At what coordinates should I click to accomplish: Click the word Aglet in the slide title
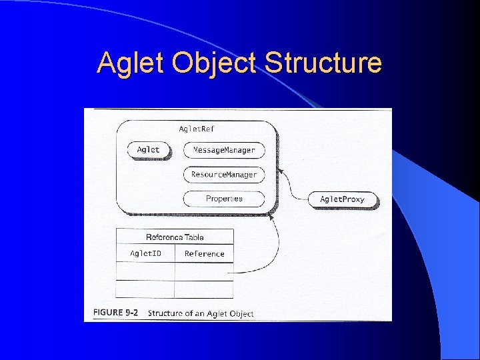pos(131,63)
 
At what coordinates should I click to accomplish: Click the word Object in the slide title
pos(213,63)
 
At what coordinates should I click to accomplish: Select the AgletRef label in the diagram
pos(197,128)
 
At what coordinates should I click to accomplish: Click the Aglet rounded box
pos(149,150)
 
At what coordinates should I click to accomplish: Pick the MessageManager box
pos(224,151)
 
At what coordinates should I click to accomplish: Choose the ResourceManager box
pos(224,175)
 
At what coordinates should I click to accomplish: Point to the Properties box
pos(224,199)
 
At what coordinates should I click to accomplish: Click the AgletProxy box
pos(343,199)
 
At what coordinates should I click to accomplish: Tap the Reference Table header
pos(175,237)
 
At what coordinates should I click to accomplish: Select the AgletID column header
pos(145,254)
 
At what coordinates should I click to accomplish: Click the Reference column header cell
pos(204,254)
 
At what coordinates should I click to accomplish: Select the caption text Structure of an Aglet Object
pos(201,313)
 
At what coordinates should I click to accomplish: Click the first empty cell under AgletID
pos(145,271)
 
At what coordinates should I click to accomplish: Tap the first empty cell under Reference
pos(204,271)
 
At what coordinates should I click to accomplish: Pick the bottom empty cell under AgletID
pos(145,289)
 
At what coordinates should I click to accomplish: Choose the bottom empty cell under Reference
pos(204,289)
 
